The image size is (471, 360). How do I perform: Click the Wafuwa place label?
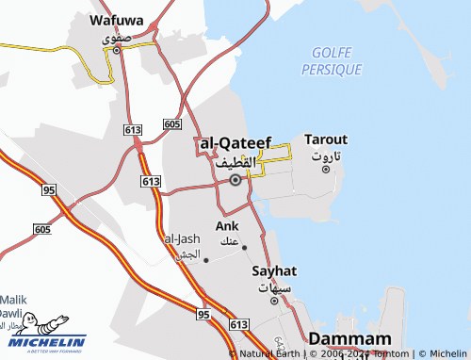[116, 18]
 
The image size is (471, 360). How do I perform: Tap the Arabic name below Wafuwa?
[114, 37]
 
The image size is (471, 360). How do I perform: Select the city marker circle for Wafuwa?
[117, 51]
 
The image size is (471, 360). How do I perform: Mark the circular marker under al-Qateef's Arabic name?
[235, 178]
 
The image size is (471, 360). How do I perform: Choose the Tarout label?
[325, 139]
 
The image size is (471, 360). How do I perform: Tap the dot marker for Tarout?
[327, 170]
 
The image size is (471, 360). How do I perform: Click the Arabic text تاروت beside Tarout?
[327, 155]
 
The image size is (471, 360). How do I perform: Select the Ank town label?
[227, 226]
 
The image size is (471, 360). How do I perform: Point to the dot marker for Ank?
[244, 248]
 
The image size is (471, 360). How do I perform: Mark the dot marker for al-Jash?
[205, 260]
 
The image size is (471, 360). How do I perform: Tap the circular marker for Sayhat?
[274, 301]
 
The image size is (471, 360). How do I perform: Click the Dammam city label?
[349, 339]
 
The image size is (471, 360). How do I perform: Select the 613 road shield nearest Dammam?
[238, 324]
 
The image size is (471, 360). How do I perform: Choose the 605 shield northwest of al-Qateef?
[171, 124]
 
